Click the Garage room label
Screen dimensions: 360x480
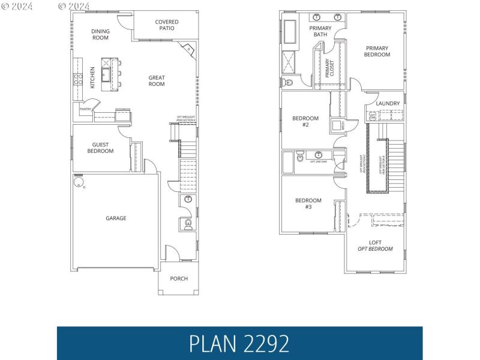(116, 218)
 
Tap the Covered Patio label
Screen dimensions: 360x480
(167, 25)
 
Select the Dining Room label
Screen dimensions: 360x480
(100, 34)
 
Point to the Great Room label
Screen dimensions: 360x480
(157, 80)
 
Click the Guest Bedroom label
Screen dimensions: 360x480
(100, 148)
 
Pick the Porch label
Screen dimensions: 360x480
(179, 278)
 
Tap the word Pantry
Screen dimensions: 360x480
(85, 109)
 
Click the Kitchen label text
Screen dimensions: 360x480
(92, 77)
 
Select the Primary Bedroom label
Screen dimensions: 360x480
(377, 52)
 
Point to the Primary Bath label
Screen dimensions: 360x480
(320, 31)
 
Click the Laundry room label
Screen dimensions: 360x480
(388, 103)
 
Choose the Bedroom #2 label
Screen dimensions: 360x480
(305, 121)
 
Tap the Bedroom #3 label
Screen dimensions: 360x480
(308, 203)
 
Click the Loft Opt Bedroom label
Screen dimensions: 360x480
(375, 245)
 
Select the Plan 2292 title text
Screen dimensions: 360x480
(239, 343)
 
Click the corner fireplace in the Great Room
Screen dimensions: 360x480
(189, 50)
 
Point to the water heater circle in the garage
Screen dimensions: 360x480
(78, 182)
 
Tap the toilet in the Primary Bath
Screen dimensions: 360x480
(287, 83)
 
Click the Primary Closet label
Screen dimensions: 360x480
(329, 68)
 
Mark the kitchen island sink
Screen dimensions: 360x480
(106, 74)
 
